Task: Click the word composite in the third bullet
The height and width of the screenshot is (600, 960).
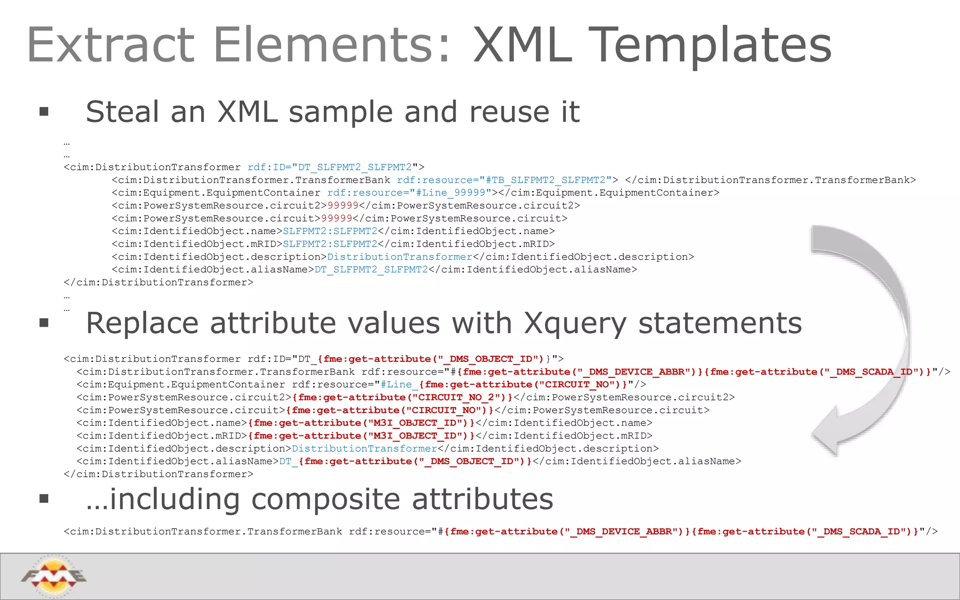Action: [326, 499]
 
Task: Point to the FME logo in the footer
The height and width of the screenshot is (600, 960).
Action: [53, 576]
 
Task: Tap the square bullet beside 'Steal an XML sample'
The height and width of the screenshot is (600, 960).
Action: [44, 112]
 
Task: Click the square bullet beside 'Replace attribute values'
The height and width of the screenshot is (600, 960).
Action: [44, 322]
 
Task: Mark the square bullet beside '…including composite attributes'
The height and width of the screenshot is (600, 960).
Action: [44, 498]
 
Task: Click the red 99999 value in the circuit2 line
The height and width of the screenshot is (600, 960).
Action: [343, 206]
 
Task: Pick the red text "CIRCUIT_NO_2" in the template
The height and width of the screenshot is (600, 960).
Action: [456, 397]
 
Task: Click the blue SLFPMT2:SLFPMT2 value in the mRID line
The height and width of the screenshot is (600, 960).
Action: [330, 244]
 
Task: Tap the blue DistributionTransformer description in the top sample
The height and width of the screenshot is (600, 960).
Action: [400, 257]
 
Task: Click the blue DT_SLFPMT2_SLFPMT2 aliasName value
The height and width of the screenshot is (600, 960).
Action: [371, 270]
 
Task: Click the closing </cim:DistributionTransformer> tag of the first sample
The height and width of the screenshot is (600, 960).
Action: [158, 283]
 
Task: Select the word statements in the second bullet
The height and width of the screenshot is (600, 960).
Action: [720, 324]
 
